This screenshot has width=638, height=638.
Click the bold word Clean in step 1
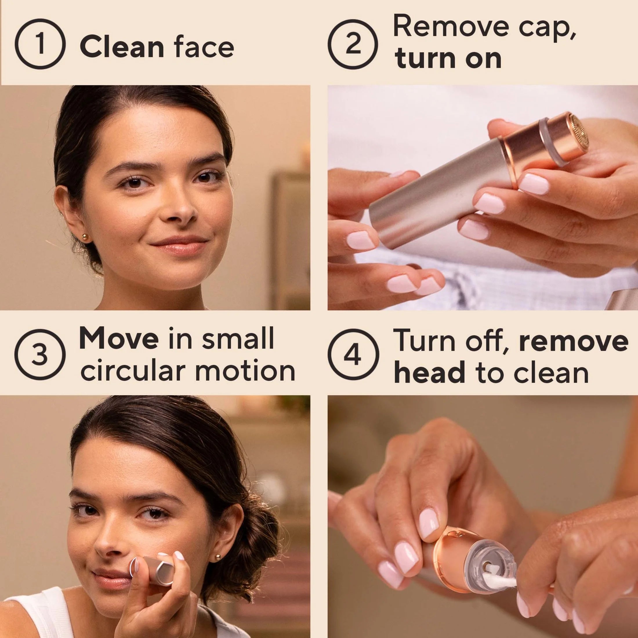click(x=122, y=47)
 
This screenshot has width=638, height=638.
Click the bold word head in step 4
click(x=429, y=372)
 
